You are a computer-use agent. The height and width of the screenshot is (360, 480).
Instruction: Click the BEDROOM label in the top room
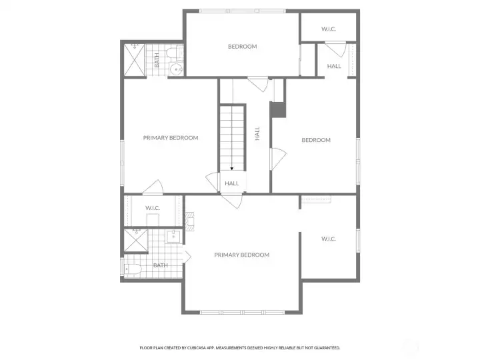[242, 47]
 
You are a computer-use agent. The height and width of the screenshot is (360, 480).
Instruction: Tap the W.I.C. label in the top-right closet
[329, 29]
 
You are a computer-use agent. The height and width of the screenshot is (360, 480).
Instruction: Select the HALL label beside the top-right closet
[334, 66]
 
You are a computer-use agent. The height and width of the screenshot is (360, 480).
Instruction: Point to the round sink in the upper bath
[176, 69]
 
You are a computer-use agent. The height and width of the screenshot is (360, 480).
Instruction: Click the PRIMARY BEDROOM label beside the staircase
[171, 138]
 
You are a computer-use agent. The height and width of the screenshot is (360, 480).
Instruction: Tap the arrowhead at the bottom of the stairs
[232, 169]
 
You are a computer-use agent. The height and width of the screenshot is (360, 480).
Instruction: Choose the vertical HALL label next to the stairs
[257, 133]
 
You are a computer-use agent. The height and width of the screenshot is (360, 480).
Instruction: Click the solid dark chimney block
[278, 110]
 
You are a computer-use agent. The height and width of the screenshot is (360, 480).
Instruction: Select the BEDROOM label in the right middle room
[316, 140]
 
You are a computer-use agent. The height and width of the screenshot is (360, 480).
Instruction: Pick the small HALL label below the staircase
[232, 183]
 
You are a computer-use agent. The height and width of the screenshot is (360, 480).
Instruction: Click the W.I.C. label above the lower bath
[153, 208]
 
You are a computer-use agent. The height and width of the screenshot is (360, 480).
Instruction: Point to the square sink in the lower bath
[173, 235]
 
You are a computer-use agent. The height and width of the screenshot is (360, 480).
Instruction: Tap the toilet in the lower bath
[131, 270]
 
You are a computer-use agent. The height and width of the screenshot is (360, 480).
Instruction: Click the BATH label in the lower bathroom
[160, 265]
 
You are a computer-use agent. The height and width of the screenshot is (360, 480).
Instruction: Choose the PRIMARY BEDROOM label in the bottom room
[241, 255]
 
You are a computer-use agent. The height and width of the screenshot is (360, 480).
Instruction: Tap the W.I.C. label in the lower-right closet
[328, 239]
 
